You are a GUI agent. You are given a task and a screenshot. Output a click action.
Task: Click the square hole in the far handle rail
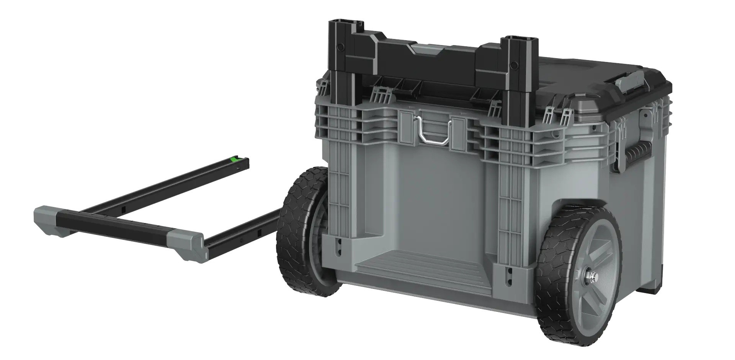point(124,209)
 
